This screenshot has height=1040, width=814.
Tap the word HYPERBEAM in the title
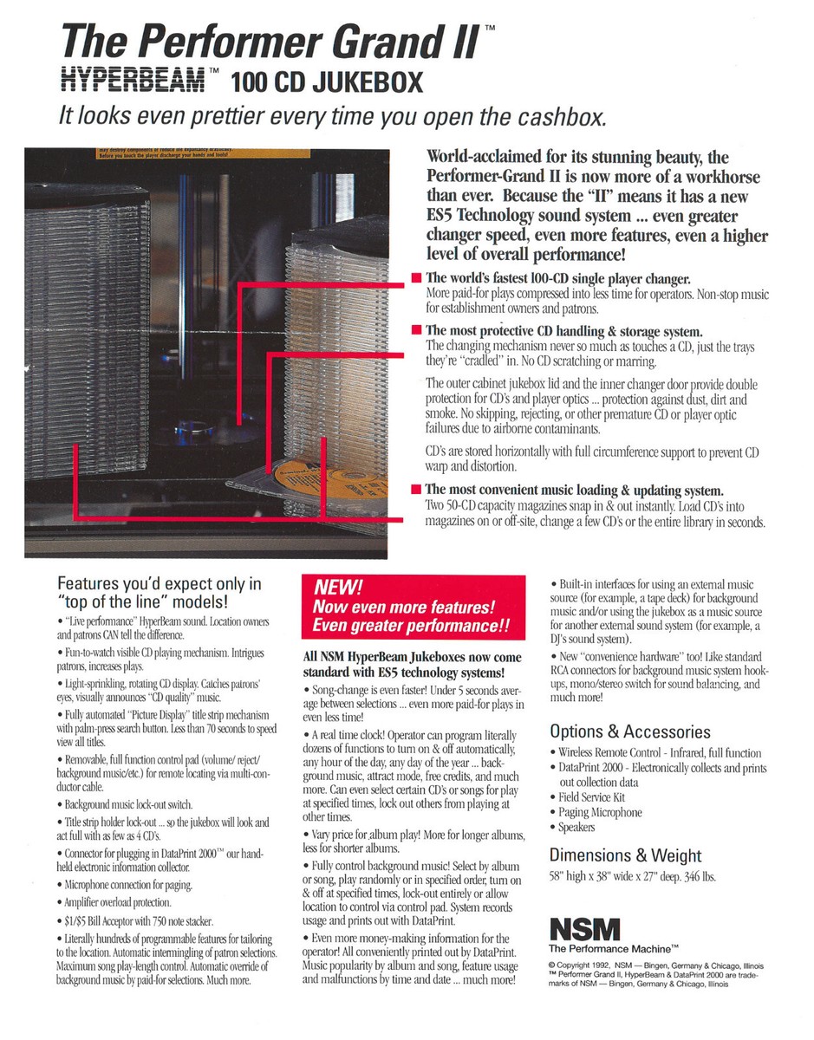click(x=133, y=80)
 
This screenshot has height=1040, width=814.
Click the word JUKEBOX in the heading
click(x=368, y=81)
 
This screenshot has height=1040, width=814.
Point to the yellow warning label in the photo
click(x=203, y=153)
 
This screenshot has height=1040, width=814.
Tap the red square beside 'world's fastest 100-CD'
click(x=416, y=277)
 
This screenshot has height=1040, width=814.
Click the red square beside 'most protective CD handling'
click(x=416, y=329)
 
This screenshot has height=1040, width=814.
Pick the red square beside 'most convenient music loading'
click(x=416, y=489)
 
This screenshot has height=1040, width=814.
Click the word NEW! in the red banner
click(x=338, y=588)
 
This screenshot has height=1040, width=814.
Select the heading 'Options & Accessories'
click(x=629, y=731)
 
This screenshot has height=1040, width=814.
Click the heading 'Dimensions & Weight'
click(x=625, y=855)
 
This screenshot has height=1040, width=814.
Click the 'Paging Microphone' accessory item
click(x=600, y=812)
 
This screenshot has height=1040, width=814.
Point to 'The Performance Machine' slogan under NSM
click(x=613, y=949)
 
